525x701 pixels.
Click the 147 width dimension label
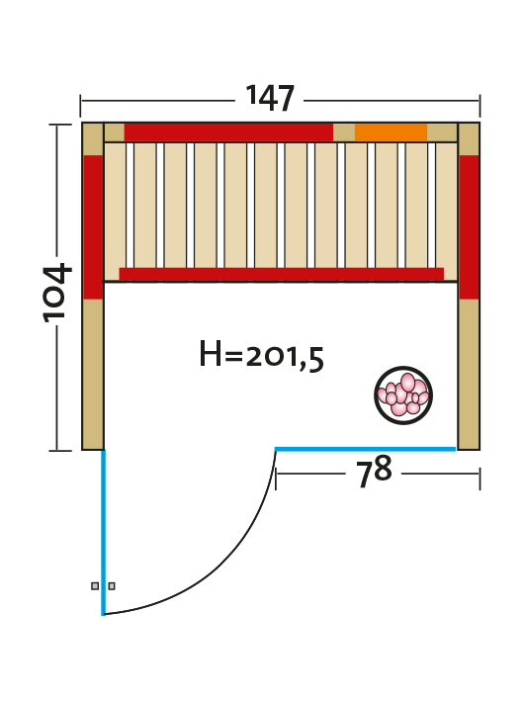(x=270, y=98)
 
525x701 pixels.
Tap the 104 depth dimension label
(x=57, y=293)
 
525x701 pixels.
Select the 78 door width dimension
(x=374, y=472)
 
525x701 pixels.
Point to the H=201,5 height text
(x=261, y=355)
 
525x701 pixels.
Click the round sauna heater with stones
(x=403, y=395)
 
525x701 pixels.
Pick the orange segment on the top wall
(x=391, y=132)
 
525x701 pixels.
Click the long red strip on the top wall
(x=228, y=132)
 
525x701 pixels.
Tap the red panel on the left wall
(x=93, y=227)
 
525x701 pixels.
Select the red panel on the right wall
(x=469, y=227)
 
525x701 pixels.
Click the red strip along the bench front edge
(x=281, y=274)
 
